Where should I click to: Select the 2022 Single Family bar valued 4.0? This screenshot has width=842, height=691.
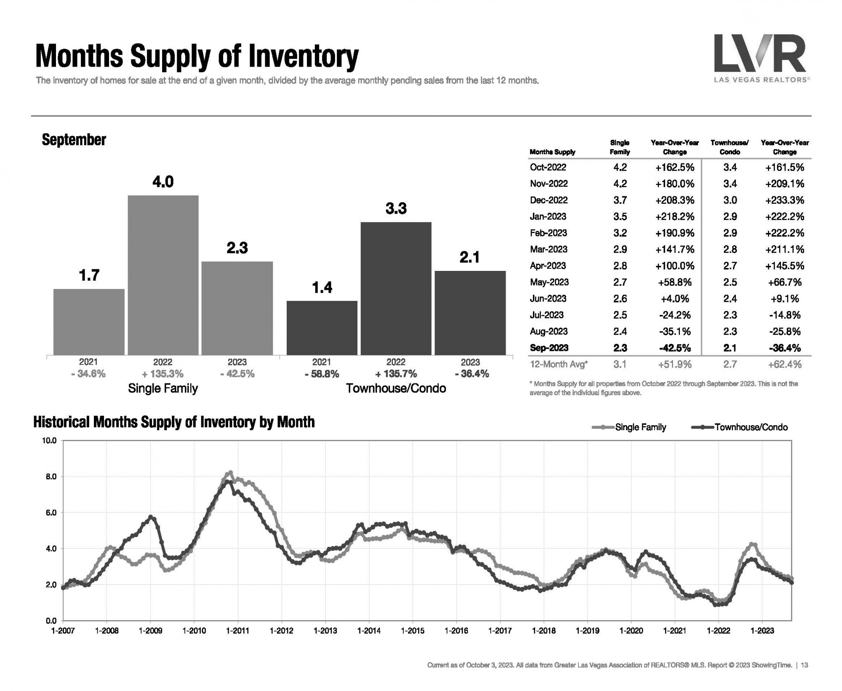(163, 275)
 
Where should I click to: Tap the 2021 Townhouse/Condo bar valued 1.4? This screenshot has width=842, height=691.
(322, 327)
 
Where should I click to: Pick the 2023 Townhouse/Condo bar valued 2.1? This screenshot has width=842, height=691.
(470, 313)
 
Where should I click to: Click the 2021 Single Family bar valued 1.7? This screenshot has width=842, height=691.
(89, 321)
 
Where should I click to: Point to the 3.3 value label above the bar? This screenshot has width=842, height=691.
(396, 209)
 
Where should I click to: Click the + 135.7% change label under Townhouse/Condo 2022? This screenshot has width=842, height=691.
(396, 374)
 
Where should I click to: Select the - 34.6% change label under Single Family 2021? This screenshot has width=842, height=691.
(88, 374)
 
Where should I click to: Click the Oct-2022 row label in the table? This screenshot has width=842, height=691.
(548, 167)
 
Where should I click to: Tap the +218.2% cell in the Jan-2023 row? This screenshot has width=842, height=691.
(675, 217)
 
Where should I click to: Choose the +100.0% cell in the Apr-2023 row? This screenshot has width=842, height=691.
(675, 266)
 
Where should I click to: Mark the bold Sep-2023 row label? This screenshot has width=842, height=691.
(549, 348)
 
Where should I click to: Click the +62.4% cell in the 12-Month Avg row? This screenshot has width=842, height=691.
(785, 364)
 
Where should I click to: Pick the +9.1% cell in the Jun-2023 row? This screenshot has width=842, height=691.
(785, 299)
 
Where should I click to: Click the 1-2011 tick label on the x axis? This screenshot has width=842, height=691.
(237, 631)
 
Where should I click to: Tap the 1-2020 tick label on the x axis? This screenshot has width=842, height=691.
(631, 631)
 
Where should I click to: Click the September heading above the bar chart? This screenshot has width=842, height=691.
(74, 140)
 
